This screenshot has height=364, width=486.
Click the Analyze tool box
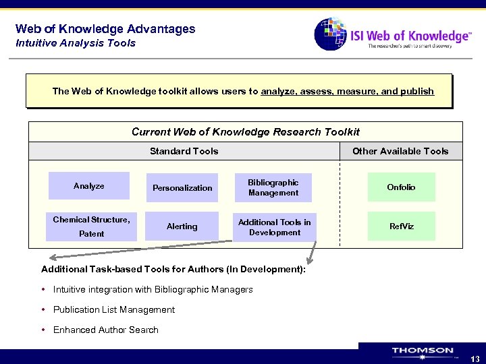click(x=89, y=186)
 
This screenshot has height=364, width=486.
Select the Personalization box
click(x=182, y=188)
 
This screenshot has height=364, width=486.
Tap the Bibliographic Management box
click(x=273, y=187)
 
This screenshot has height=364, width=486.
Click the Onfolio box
click(x=401, y=187)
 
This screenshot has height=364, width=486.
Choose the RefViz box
click(x=401, y=226)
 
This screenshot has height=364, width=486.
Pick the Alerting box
click(x=182, y=226)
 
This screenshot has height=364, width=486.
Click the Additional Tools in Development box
click(x=274, y=227)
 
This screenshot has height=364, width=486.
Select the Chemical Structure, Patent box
click(x=91, y=226)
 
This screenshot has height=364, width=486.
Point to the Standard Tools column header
click(x=184, y=151)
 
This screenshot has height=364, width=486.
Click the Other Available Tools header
click(x=400, y=151)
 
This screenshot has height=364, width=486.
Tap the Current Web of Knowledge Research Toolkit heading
click(x=245, y=132)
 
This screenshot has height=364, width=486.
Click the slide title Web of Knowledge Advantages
click(x=105, y=29)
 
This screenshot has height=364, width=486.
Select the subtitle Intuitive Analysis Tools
click(x=76, y=43)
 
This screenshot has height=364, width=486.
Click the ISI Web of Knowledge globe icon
click(x=330, y=34)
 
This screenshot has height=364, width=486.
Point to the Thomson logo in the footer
click(x=423, y=351)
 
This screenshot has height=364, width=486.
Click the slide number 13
click(x=475, y=359)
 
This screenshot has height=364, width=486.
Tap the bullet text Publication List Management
click(x=113, y=309)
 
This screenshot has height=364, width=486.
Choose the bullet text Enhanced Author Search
click(x=105, y=330)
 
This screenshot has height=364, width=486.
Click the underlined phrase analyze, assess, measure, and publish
click(x=347, y=91)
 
